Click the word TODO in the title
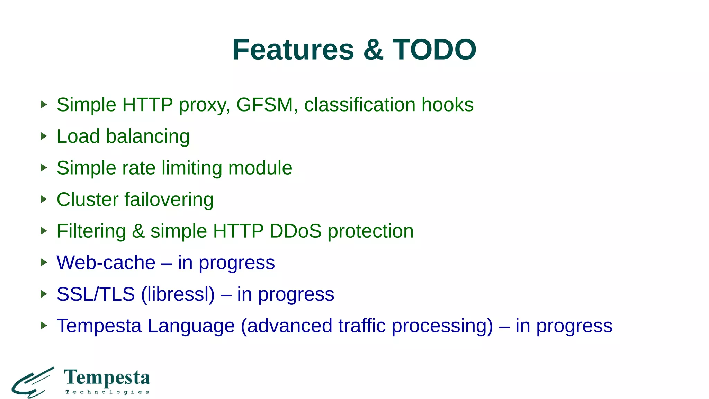(x=434, y=50)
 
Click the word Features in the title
(x=293, y=50)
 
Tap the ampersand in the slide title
(x=373, y=50)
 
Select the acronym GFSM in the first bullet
(x=264, y=105)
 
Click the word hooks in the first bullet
(x=447, y=105)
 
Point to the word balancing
(x=148, y=136)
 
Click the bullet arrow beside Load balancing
(x=44, y=136)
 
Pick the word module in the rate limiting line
(x=260, y=168)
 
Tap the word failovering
(x=169, y=199)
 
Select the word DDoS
(x=295, y=231)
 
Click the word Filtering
(x=91, y=231)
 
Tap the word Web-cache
(x=106, y=263)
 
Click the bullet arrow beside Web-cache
(x=44, y=262)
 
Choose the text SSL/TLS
(x=96, y=294)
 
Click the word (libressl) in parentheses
(x=178, y=294)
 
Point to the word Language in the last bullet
(x=191, y=326)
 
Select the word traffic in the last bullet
(x=362, y=326)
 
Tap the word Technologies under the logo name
(x=107, y=392)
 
